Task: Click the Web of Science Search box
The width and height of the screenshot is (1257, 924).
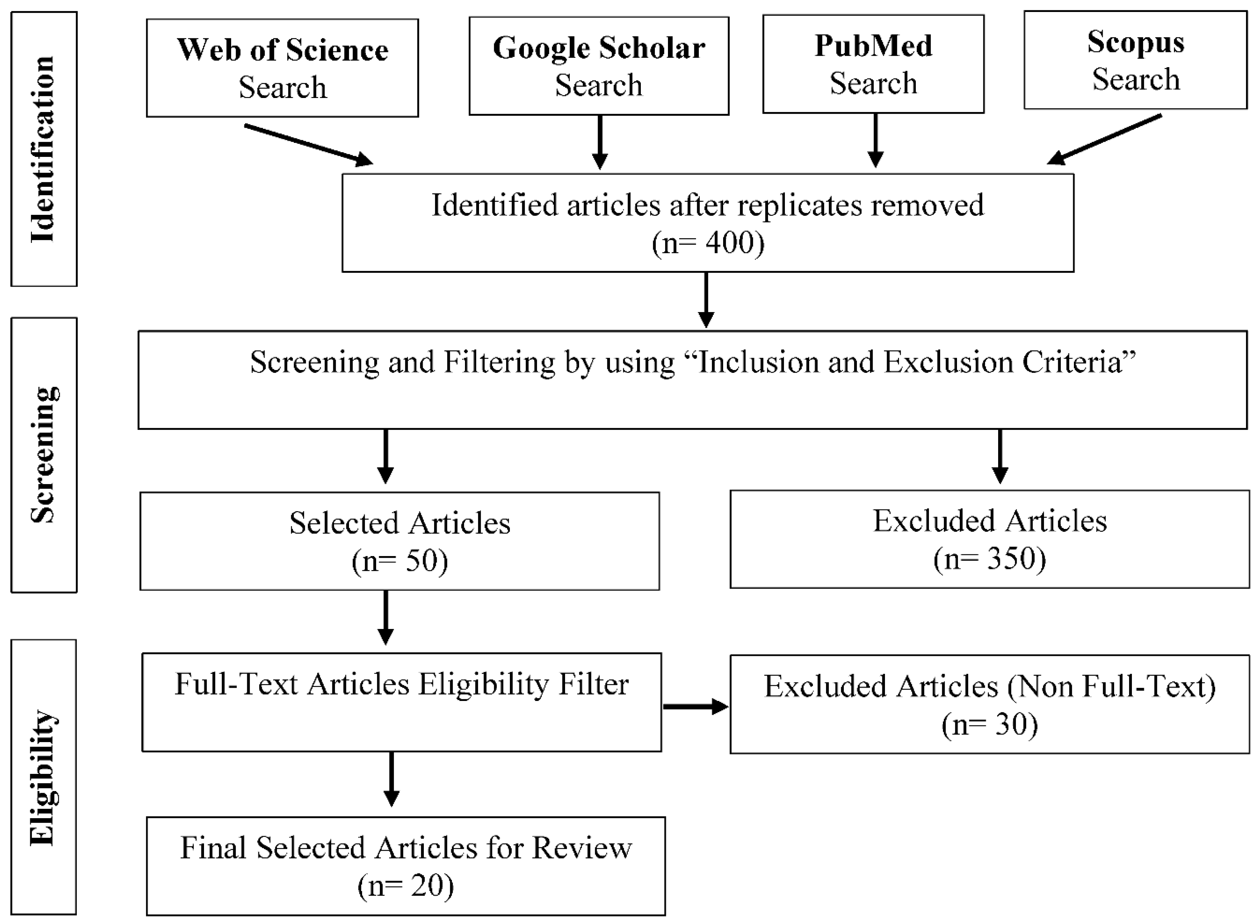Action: (282, 68)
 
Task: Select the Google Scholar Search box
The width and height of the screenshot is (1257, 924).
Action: (598, 66)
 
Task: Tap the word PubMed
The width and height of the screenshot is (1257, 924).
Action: (873, 46)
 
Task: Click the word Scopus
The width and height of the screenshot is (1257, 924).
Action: (1136, 42)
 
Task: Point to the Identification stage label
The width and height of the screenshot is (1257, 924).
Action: (44, 149)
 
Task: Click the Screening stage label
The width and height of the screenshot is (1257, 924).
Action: (44, 455)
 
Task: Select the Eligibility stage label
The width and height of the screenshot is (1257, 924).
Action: (44, 777)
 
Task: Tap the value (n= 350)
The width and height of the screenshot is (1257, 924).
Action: (990, 558)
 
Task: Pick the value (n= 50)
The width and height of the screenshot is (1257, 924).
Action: (399, 560)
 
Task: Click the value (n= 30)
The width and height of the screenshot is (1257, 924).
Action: (990, 724)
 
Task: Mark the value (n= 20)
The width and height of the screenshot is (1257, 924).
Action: (405, 885)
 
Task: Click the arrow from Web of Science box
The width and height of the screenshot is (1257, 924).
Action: (308, 144)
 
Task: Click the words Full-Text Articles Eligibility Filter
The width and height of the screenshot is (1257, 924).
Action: (401, 684)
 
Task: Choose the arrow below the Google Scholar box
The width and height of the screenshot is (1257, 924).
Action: (599, 142)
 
